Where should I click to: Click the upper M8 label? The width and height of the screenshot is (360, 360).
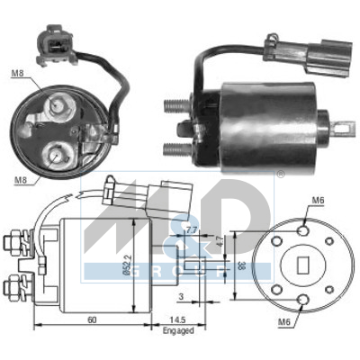click(17, 73)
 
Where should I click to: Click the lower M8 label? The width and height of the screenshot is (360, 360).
click(21, 180)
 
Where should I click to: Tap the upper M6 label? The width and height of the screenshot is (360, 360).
click(318, 201)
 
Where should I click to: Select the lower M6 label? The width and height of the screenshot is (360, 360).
click(284, 322)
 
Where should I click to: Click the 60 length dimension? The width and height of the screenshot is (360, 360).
click(92, 319)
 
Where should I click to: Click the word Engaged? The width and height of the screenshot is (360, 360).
click(178, 330)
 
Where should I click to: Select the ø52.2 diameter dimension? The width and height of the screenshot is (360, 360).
click(127, 265)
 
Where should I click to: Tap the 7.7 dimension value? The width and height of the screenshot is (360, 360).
click(191, 230)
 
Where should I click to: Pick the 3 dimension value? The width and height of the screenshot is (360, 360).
click(181, 297)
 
